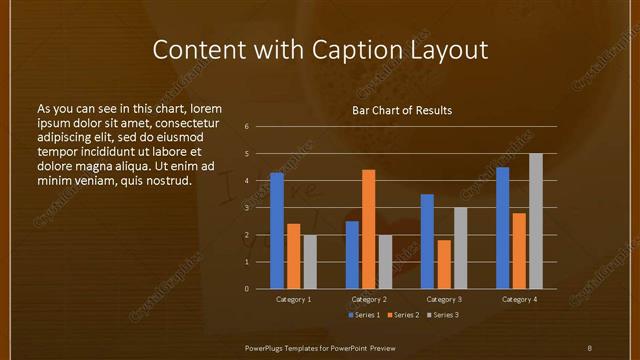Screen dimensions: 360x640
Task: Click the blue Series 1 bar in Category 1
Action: [277, 231]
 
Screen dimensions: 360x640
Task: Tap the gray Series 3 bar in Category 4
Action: [536, 221]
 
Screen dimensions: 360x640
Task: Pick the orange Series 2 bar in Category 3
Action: [444, 264]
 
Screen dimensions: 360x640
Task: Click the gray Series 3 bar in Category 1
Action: [310, 262]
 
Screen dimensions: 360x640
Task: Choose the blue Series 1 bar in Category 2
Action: [352, 255]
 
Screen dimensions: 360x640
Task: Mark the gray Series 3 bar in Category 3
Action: [461, 248]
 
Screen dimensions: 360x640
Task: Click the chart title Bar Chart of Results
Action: [402, 110]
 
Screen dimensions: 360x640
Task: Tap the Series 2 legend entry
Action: [401, 315]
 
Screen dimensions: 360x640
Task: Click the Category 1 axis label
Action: [294, 299]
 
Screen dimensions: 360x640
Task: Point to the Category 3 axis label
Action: [444, 299]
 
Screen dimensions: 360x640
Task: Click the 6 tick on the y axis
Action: [246, 127]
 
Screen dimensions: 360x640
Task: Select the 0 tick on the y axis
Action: [246, 289]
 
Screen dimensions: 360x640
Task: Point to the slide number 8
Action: [589, 347]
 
